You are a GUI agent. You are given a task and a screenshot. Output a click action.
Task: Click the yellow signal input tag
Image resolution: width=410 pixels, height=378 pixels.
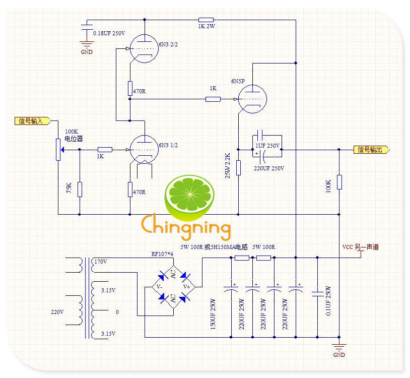[x=32, y=121]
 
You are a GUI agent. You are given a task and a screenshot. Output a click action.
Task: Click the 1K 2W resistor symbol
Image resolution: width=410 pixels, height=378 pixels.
[x=206, y=20]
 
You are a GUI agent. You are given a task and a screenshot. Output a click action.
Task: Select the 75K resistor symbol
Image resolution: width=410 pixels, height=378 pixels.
[x=80, y=190]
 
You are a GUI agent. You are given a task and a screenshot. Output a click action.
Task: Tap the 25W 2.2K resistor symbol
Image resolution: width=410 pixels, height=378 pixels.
[x=238, y=168]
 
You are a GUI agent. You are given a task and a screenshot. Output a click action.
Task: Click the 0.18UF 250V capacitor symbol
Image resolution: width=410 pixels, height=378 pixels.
[x=87, y=27]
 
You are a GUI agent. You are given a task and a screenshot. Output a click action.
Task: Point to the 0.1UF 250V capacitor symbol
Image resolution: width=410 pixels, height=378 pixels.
[x=317, y=294]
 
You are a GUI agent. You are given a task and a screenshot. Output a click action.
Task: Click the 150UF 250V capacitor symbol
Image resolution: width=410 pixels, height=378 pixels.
[x=231, y=289]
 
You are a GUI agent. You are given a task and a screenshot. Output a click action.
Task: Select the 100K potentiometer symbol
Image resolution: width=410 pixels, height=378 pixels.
[x=58, y=150]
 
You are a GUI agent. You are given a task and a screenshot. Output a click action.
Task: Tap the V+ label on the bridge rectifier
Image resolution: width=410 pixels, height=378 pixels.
[x=186, y=287]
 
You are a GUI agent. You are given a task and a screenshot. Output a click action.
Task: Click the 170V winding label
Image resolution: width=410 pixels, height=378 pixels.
[x=101, y=262]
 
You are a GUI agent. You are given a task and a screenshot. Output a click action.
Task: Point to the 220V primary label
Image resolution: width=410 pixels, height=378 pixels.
[x=57, y=312]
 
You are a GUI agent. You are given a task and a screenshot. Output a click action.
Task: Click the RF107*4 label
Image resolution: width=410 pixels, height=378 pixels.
[x=162, y=254]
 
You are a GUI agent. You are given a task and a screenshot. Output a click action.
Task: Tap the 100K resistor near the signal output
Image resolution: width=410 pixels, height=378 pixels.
[x=339, y=182]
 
